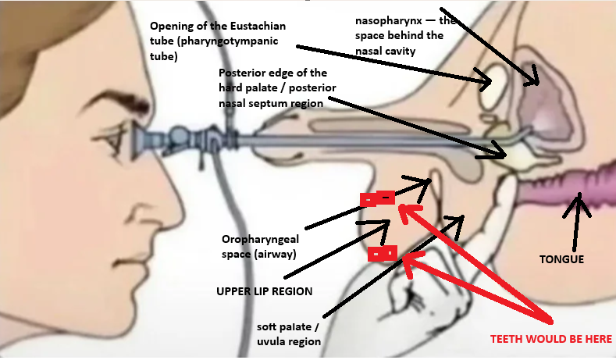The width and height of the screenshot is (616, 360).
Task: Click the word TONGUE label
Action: pos(562,258)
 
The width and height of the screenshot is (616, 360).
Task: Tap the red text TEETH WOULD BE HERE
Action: pos(551,339)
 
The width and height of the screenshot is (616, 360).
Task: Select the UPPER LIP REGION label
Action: pos(264,290)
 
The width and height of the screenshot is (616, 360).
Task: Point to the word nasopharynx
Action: pos(380,21)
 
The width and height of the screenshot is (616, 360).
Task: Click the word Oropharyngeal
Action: pos(260,240)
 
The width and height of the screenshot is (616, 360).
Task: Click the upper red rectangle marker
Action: pos(378,198)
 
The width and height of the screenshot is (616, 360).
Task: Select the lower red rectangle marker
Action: pos(383,254)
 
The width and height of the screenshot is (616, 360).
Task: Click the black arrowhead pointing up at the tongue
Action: pos(579,205)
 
